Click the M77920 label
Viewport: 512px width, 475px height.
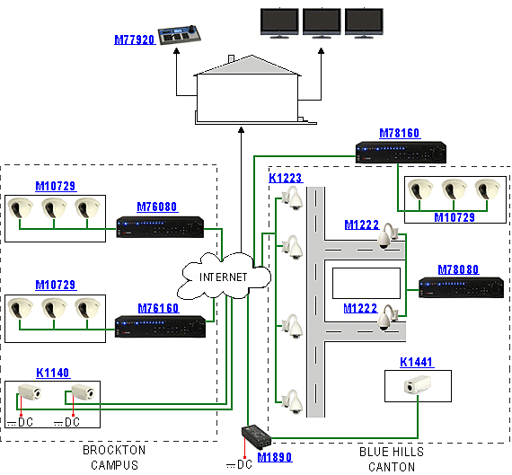click(135, 40)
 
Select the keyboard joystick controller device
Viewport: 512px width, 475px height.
click(180, 35)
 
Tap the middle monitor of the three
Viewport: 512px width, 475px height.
click(322, 22)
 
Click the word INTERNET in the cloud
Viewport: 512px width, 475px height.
click(224, 277)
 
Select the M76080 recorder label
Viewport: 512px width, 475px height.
click(157, 207)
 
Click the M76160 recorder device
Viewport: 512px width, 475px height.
click(160, 326)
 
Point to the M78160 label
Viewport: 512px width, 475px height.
click(400, 133)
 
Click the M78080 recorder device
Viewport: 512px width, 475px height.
click(461, 287)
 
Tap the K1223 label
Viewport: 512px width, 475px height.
click(286, 178)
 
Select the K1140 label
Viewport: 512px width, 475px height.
click(53, 373)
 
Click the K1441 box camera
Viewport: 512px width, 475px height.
click(418, 384)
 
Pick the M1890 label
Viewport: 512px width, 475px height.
click(275, 457)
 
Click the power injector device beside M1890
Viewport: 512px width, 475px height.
click(256, 436)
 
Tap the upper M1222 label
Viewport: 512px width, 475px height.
click(362, 224)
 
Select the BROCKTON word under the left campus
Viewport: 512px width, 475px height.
click(114, 450)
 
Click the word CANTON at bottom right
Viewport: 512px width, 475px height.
click(392, 467)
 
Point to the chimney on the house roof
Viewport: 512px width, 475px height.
click(231, 58)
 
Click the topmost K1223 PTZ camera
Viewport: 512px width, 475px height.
click(293, 198)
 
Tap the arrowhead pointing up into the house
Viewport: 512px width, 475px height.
click(241, 130)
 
